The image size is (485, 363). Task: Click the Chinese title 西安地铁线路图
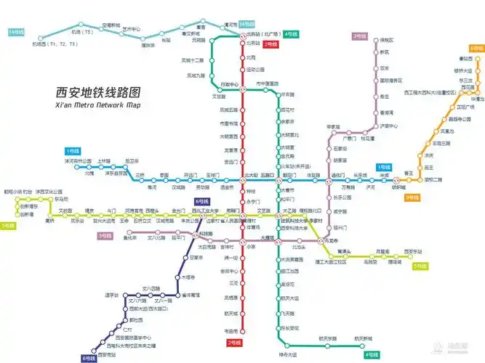pos(97,93)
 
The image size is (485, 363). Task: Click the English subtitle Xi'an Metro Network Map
pos(97,106)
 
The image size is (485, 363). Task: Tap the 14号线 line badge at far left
pos(15,33)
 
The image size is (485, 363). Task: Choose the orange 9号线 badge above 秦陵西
pos(476,48)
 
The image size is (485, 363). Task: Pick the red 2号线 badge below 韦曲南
pos(233,342)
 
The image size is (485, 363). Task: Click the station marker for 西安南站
pos(97,348)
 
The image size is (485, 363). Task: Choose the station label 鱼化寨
pos(129,238)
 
